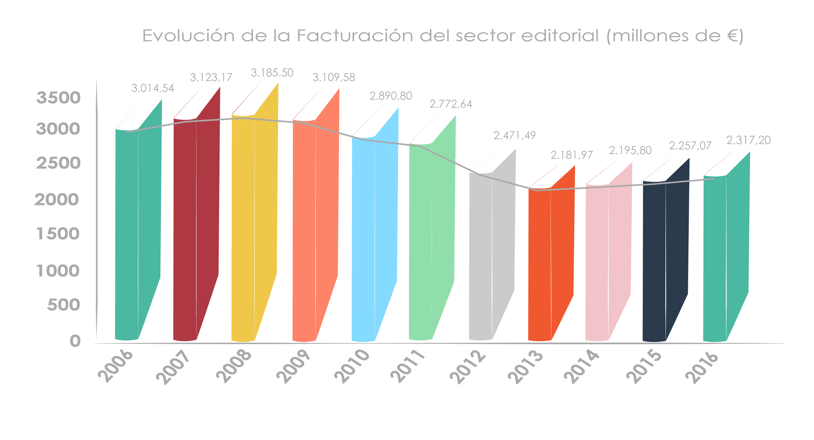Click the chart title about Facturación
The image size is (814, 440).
coord(442,36)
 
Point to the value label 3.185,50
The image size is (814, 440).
coord(272,73)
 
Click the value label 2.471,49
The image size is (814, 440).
coord(514,135)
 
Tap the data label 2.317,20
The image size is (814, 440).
coord(748,140)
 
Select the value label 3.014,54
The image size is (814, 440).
coord(153,88)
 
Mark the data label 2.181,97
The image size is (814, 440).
coord(572,155)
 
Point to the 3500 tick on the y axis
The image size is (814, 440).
coord(59,98)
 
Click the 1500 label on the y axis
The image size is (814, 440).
coord(58,234)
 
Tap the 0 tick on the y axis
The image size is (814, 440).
coord(75,341)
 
